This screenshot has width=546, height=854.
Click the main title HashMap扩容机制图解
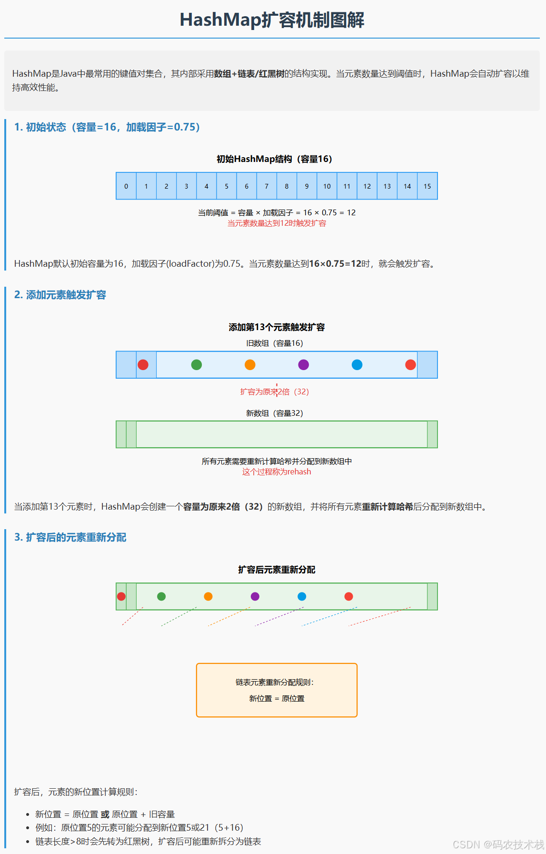point(272,20)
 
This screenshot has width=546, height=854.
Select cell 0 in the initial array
point(126,186)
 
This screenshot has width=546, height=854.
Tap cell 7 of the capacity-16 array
point(267,186)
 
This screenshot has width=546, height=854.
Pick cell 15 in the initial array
point(427,186)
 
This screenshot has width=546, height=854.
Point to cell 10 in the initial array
point(327,186)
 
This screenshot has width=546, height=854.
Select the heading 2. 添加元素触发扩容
point(60,295)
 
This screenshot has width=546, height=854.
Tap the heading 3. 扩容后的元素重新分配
point(70,537)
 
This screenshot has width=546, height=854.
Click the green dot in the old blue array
point(196,365)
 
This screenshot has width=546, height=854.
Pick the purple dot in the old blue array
point(303,365)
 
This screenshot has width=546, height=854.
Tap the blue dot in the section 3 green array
point(302,596)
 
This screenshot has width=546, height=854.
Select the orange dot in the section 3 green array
point(208,596)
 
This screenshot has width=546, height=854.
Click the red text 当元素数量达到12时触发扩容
point(277,223)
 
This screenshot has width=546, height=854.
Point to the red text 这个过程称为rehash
point(277,472)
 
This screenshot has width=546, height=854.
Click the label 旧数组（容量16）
point(275,343)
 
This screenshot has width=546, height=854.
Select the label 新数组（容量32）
point(275,413)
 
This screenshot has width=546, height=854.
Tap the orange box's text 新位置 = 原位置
point(277,699)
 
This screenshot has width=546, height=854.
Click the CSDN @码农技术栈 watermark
point(498,844)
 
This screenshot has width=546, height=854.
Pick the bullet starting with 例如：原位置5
point(139,828)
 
